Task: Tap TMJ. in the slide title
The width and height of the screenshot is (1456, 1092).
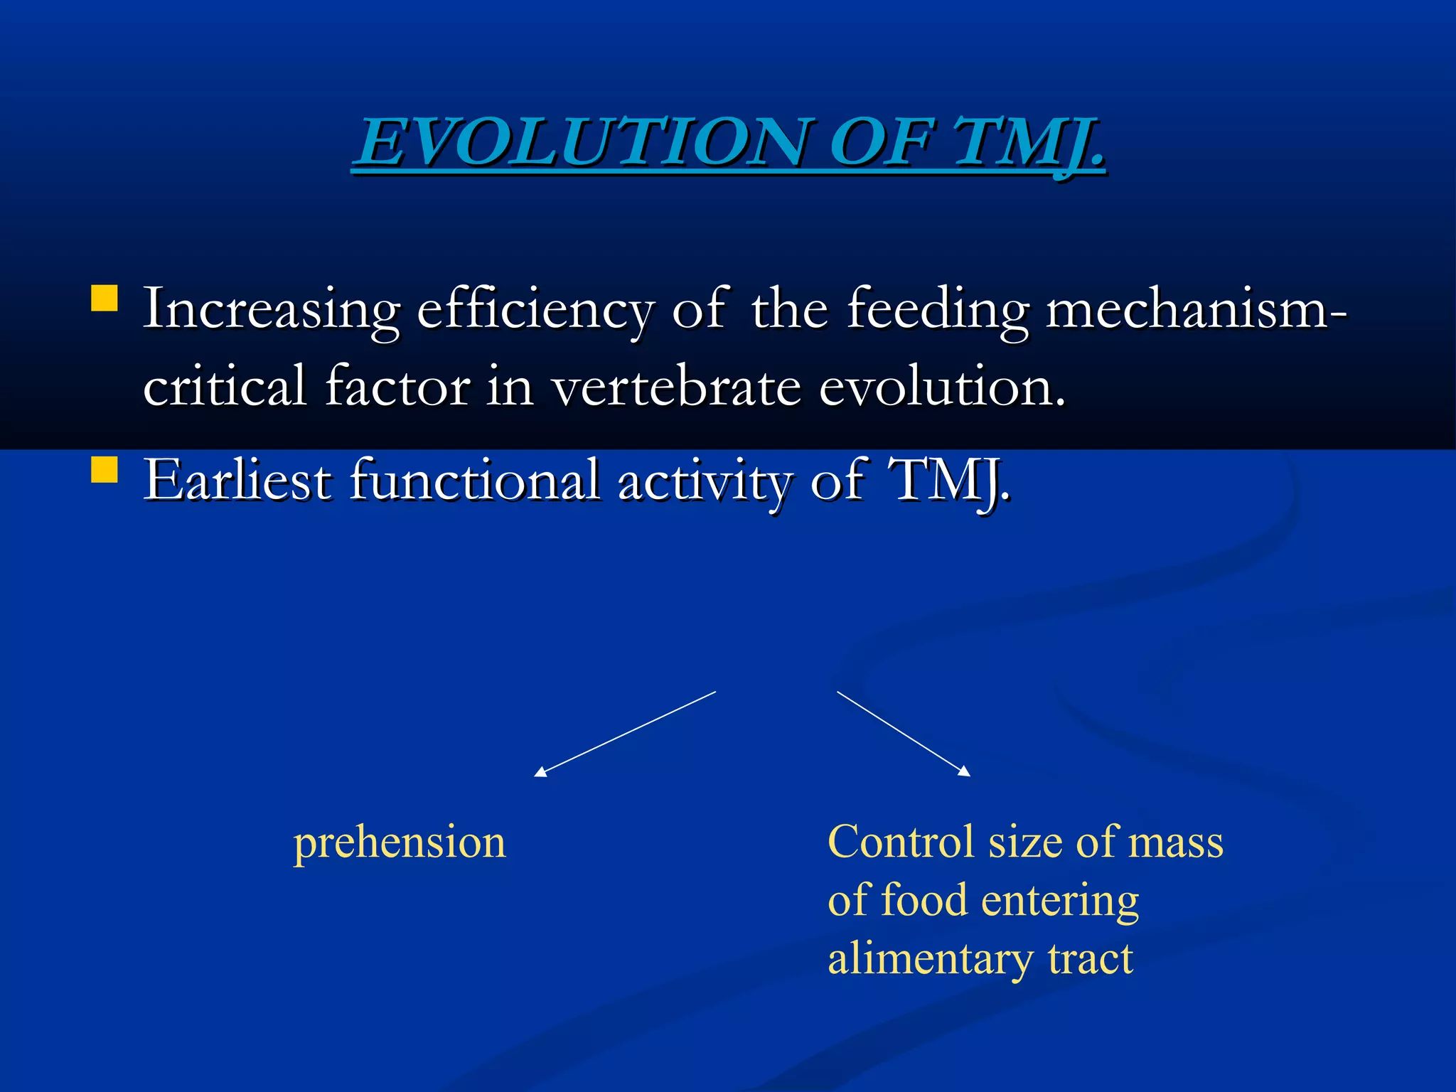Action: tap(1029, 142)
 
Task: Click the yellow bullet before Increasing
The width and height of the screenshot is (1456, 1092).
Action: tap(105, 299)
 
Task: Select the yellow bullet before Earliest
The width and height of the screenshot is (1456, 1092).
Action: tap(105, 470)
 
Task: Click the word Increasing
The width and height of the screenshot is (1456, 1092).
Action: tap(271, 311)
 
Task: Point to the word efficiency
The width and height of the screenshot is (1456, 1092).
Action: tap(535, 311)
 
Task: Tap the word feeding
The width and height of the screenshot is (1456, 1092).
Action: tap(937, 311)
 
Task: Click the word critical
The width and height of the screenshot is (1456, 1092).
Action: tap(225, 387)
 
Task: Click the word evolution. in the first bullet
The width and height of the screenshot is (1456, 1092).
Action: tap(943, 387)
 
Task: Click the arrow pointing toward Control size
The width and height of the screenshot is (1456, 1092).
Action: tap(904, 733)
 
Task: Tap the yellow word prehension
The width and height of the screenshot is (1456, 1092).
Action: tap(400, 843)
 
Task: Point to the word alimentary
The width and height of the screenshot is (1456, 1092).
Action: tap(929, 959)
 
